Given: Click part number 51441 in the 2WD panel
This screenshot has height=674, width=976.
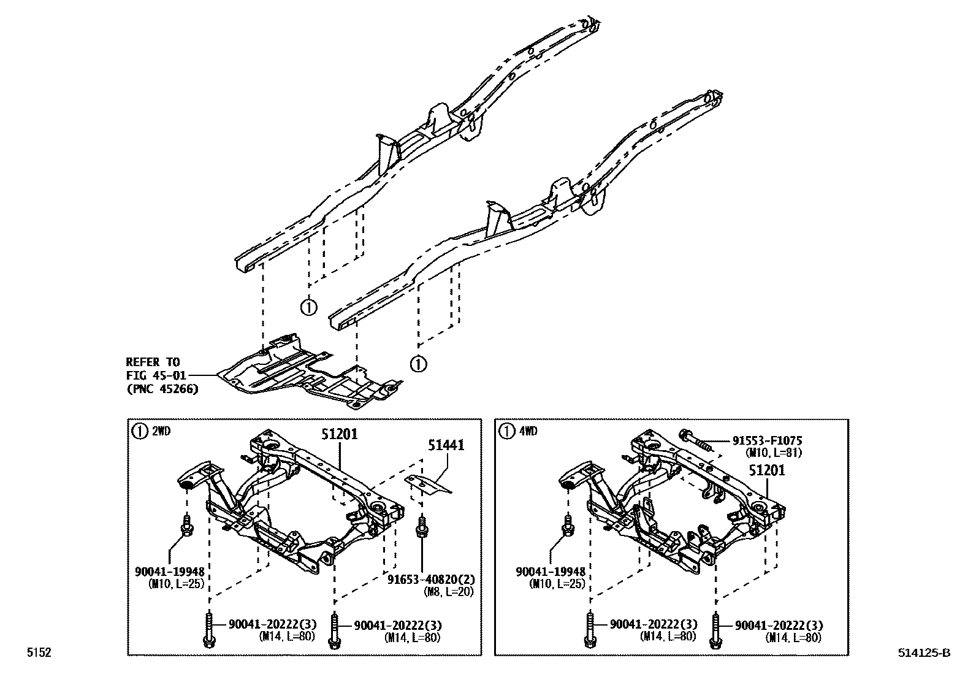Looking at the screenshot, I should tap(447, 445).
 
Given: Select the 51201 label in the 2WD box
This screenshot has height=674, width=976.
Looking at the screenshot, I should tap(339, 434).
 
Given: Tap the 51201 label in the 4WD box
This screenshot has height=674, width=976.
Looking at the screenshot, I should tap(766, 471).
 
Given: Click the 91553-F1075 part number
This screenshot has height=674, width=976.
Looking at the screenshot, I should tap(767, 441).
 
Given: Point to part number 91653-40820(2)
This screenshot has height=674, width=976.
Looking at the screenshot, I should tap(431, 579).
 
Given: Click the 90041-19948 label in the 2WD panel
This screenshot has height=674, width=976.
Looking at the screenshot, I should tap(169, 572).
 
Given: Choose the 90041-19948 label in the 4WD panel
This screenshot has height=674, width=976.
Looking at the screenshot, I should tap(551, 572).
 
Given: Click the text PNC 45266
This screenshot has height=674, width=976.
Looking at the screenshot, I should tap(162, 389).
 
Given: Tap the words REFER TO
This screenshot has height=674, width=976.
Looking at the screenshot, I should tap(153, 362).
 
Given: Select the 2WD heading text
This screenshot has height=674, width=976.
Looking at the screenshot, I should tap(161, 431).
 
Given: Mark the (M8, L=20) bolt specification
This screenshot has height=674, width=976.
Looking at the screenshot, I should tap(448, 591).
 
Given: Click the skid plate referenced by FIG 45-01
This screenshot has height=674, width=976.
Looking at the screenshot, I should tap(307, 374).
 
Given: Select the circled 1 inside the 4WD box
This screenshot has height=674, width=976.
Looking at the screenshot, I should tap(506, 431).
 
